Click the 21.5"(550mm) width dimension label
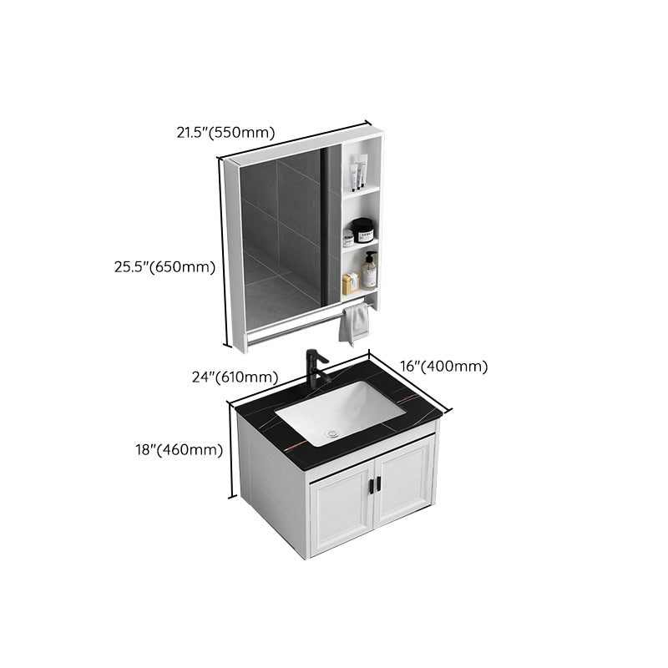(225, 131)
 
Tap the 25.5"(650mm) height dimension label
(165, 267)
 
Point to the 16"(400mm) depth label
(443, 366)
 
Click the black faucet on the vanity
(316, 367)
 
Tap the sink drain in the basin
(333, 433)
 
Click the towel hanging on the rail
(354, 322)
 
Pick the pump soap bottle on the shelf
(369, 271)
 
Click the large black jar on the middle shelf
(362, 230)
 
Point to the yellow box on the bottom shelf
(351, 284)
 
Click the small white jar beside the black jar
(347, 238)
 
